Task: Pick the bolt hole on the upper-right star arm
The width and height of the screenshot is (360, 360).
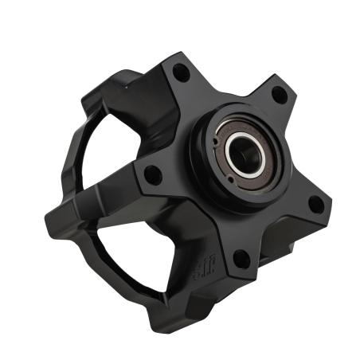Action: [x=278, y=95]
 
